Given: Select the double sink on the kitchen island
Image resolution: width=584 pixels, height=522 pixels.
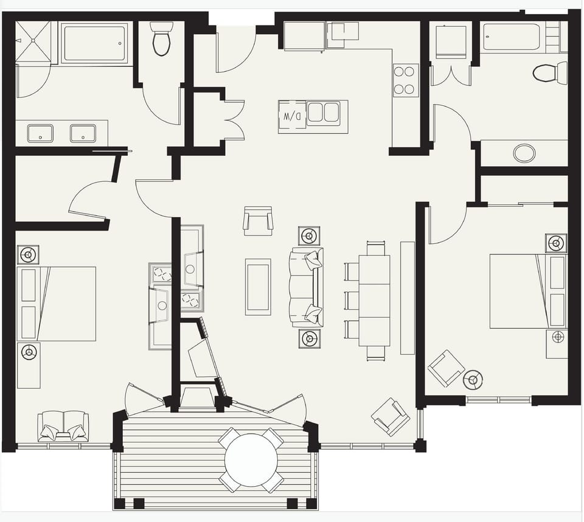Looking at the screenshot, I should pos(323,113).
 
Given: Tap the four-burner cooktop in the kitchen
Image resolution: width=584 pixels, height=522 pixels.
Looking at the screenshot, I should pos(405,80).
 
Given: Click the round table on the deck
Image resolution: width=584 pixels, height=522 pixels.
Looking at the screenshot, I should pos(251,459).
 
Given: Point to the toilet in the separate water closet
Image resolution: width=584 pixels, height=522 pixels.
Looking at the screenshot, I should pos(161,39).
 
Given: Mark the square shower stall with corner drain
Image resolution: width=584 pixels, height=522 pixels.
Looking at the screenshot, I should pos(33,41).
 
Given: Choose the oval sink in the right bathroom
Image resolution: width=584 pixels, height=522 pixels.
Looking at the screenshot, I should pos(524,153).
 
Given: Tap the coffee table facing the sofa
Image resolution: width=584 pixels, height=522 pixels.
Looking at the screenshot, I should pos(258,287).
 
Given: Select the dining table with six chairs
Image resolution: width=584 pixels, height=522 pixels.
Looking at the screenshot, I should pos(374,300).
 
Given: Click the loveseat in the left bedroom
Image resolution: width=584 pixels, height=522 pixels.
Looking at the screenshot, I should pos(63,425).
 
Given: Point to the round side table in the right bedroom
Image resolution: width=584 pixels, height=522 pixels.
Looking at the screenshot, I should pos(473,380).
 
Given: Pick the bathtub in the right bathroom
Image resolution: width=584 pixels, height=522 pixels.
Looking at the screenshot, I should pos(512,37).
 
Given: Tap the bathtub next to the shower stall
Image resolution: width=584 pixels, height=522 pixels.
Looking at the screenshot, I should pos(94,43).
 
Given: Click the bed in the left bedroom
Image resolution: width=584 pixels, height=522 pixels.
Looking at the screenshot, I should pos(57,303).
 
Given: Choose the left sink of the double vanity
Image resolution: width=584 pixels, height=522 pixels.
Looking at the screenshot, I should pos(40,133).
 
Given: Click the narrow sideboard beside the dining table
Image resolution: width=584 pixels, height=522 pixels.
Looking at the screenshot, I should pos(407,298).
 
